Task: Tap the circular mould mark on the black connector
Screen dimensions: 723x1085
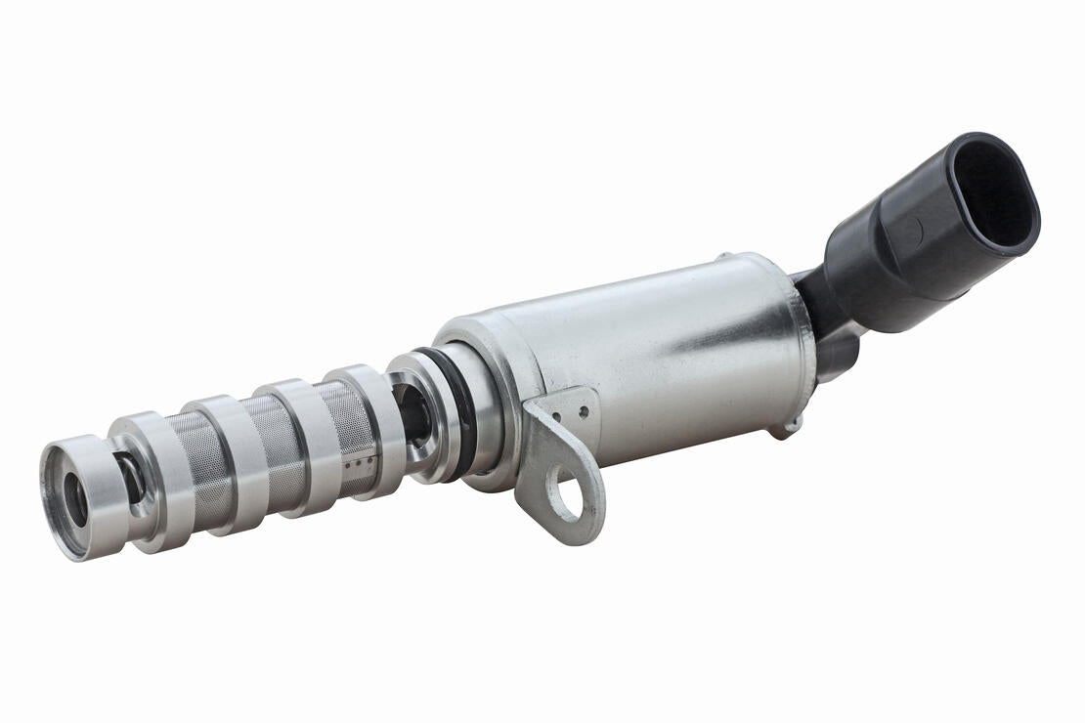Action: point(907,233)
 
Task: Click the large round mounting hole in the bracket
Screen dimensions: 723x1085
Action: point(564,493)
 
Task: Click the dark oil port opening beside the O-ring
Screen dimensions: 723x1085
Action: point(412,415)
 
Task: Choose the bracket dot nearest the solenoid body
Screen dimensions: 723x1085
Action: point(584,412)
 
